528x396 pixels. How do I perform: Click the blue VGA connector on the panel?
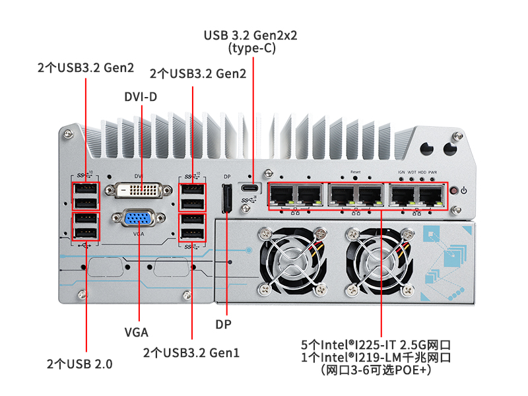(139, 220)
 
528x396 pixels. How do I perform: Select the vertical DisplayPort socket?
(226, 199)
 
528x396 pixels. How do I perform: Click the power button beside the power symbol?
(453, 191)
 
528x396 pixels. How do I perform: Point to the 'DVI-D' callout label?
(141, 97)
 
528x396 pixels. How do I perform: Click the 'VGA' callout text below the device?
(137, 331)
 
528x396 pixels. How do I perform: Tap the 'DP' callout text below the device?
(224, 325)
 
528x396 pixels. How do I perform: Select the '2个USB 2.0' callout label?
(80, 364)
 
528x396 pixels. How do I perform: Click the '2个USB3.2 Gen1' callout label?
(191, 352)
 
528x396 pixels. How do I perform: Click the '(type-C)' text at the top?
(251, 48)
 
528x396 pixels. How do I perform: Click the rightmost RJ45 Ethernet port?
(432, 195)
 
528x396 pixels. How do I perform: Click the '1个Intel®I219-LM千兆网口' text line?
(376, 358)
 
